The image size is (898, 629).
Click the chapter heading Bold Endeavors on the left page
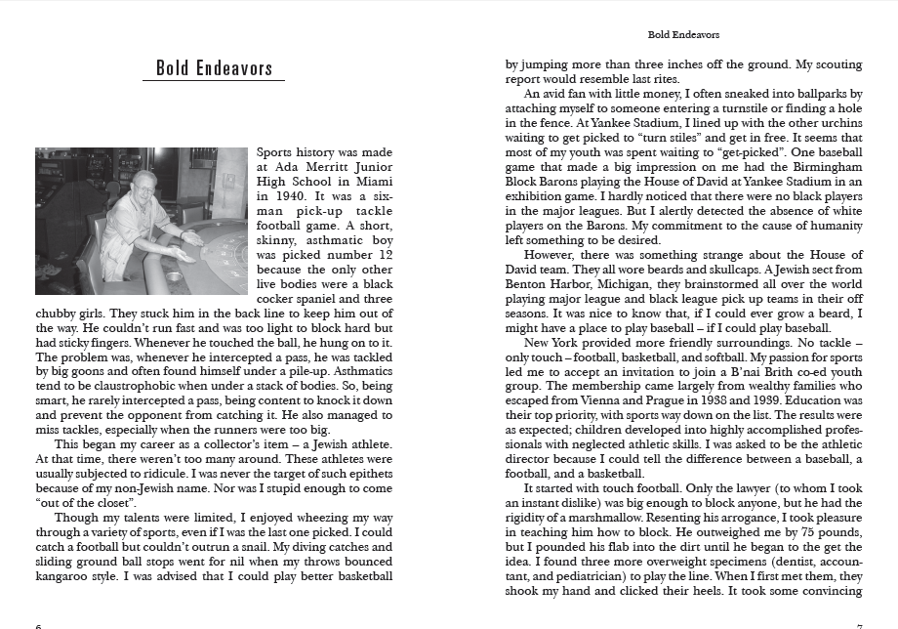point(214,68)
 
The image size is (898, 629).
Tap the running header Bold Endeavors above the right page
point(682,35)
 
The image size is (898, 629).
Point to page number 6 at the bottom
point(37,625)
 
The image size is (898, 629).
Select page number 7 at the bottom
point(859,625)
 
